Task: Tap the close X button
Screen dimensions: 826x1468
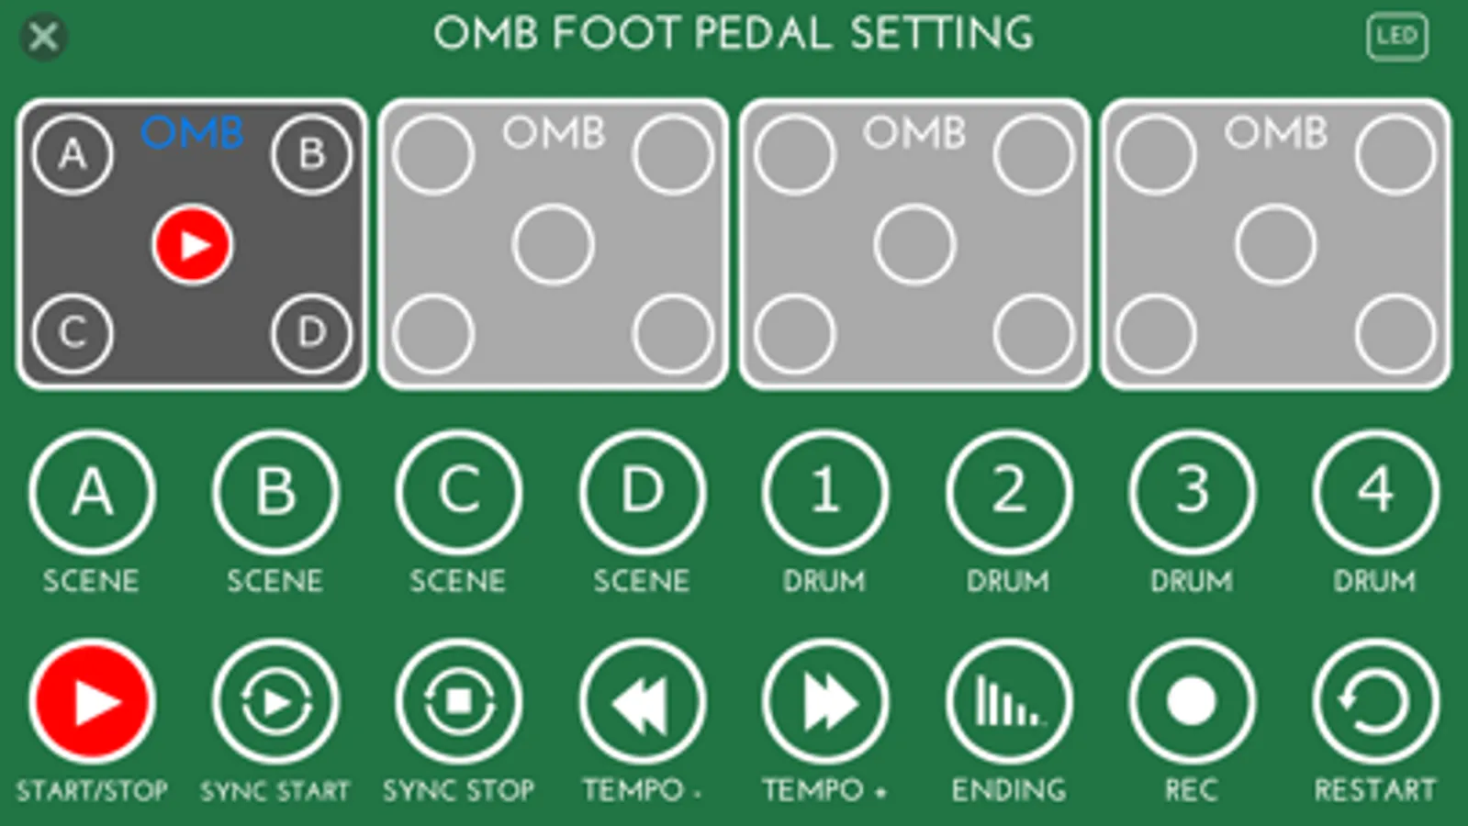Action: (43, 38)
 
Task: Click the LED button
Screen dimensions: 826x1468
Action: (1396, 37)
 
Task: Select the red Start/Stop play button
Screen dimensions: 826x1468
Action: (92, 702)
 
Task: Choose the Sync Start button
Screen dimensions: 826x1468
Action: (275, 702)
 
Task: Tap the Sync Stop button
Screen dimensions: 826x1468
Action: (458, 702)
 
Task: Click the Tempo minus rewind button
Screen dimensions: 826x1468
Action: (642, 702)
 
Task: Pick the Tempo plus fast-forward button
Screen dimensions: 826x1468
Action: (825, 702)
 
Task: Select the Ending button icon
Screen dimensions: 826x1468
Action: (1008, 702)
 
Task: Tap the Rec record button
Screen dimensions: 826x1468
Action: (1192, 702)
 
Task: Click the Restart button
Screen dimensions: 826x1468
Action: (1374, 702)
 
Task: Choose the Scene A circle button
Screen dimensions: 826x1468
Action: (92, 492)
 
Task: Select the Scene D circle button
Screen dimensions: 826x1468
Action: (642, 492)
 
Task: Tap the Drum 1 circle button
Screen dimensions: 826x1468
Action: (825, 492)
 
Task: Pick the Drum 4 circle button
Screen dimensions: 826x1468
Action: (1374, 492)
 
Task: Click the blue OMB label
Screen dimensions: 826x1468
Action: (192, 134)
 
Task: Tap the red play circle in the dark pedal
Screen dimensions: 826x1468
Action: (192, 245)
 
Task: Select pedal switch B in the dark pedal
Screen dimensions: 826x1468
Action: (311, 154)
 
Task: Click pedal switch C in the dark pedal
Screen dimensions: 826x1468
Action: (73, 333)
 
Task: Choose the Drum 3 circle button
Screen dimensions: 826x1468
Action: (1192, 492)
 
